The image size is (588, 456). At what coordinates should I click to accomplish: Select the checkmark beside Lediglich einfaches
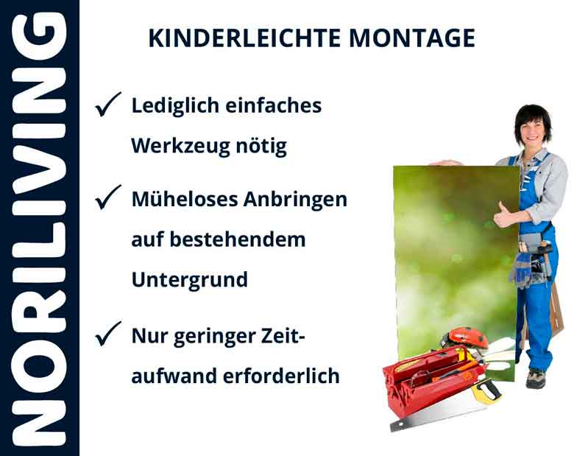click(x=107, y=108)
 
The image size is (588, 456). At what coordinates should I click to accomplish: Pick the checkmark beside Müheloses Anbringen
click(x=107, y=199)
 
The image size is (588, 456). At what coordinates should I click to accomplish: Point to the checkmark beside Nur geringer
click(x=107, y=336)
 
